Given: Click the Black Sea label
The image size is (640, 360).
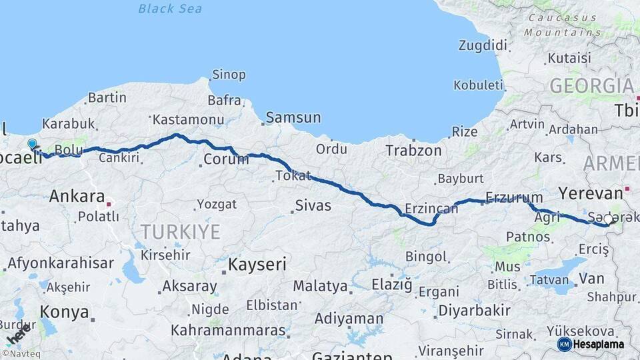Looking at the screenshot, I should coord(170,9).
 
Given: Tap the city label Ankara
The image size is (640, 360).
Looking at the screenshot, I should coord(77,197).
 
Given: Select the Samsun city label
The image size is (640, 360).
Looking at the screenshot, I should coord(293,118).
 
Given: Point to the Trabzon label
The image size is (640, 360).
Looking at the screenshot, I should coord(413,151).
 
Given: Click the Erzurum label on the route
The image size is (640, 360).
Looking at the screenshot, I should coord(514,197).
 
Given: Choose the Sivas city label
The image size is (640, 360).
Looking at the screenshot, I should coord(313,205).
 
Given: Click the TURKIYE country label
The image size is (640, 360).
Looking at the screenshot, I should coord(180,232).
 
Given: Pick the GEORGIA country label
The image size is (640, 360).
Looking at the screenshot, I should coord(591,86).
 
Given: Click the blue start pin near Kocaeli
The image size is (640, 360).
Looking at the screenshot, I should coord(32,143).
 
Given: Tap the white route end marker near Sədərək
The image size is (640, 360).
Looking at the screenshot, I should coord(608,219).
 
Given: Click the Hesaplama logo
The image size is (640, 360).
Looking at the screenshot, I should coord(591,344).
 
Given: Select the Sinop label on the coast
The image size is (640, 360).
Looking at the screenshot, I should coord(229,75).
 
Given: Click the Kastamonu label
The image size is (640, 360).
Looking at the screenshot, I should coord(179,120).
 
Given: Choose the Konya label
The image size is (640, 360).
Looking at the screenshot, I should coord(65,312).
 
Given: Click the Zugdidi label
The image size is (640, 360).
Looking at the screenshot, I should coord(483,45).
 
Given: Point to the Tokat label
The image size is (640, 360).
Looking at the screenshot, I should coord(293,176).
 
